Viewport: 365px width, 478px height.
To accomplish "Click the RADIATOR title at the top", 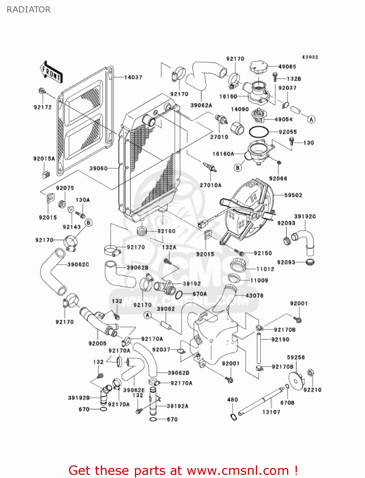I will pos(29,10).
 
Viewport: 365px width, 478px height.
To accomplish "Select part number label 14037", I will pos(133,77).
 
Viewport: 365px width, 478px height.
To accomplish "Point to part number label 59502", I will pos(293,195).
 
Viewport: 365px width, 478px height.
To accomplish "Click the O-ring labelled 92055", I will pos(258,132).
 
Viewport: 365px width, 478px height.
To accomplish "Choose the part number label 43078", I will pos(255,296).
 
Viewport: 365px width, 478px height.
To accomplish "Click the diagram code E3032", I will pos(310,57).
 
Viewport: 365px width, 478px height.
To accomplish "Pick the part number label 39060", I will pos(98,168).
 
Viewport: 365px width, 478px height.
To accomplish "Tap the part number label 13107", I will pos(271,412).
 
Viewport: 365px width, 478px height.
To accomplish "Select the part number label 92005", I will pos(97,343).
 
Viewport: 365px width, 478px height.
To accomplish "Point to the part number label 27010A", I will pos(211,185).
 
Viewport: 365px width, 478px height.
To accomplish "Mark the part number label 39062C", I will pos(78,264).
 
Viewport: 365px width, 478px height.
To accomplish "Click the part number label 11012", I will pos(265,269).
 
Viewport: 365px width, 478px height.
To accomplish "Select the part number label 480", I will pos(233,400).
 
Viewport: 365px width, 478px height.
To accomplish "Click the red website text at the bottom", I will pos(183,470).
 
